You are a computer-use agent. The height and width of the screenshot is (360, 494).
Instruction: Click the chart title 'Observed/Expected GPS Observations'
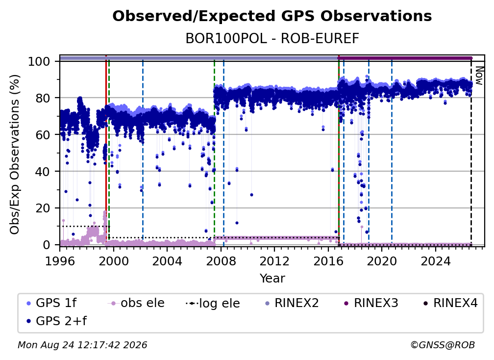(272, 16)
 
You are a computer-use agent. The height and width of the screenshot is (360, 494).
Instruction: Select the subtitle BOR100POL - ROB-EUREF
(272, 39)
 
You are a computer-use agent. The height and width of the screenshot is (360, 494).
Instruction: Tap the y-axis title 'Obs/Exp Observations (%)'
(15, 154)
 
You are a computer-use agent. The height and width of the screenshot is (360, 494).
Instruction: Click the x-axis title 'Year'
(272, 279)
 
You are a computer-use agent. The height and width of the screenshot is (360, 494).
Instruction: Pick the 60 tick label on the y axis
(43, 135)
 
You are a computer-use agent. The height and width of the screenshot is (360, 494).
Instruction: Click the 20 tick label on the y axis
(43, 208)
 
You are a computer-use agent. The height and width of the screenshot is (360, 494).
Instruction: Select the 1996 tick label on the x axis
(60, 261)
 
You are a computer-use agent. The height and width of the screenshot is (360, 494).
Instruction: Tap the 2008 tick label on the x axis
(221, 261)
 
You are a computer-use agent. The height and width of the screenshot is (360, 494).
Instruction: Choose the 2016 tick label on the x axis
(328, 261)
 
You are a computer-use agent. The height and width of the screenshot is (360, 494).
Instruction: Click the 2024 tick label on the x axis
(436, 261)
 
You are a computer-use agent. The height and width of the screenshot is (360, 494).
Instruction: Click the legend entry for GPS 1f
(51, 303)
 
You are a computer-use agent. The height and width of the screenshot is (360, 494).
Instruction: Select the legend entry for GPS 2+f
(56, 321)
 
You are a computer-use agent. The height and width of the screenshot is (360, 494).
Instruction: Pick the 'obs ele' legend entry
(136, 303)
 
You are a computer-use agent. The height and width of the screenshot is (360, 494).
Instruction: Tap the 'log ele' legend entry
(213, 303)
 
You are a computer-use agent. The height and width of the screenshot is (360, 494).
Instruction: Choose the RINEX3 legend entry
(371, 303)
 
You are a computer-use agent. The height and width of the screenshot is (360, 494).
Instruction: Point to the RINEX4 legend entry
(450, 303)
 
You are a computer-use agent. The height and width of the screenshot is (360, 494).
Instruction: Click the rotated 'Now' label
(479, 76)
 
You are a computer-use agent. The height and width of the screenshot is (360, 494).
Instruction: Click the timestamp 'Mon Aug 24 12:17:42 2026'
(82, 345)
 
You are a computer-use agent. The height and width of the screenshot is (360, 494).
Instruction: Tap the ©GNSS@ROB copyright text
(443, 345)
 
